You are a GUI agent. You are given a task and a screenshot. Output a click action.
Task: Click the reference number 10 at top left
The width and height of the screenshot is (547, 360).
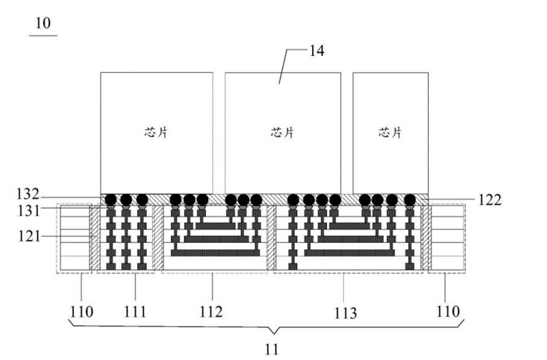43,23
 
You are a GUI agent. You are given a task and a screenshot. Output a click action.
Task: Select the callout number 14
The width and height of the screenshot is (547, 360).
317,51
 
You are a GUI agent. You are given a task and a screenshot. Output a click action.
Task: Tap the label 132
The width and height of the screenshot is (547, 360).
28,194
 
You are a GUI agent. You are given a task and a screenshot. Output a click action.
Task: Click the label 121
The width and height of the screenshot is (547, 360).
30,236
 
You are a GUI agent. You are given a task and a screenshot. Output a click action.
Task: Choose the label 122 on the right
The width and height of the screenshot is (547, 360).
490,200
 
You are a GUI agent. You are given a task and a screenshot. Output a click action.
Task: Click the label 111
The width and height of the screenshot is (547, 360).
135,312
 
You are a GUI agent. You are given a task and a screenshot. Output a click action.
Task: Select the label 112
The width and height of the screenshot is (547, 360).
210,312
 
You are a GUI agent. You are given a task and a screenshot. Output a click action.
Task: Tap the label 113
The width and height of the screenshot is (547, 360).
346,313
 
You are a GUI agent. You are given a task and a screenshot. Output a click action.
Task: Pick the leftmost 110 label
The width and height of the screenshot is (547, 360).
82,312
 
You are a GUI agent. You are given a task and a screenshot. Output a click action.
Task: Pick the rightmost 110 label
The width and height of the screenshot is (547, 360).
449,311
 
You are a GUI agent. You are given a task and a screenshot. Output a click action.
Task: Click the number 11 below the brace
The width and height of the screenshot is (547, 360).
272,349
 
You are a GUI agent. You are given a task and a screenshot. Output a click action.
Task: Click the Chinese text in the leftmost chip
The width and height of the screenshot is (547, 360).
156,133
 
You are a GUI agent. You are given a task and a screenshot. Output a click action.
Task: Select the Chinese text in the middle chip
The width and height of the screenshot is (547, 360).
283,133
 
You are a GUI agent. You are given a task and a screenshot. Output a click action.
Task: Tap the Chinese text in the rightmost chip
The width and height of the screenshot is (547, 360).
390,133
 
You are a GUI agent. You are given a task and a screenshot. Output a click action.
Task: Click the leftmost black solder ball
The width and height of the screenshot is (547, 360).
111,200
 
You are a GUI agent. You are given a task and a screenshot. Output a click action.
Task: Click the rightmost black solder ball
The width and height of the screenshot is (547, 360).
410,200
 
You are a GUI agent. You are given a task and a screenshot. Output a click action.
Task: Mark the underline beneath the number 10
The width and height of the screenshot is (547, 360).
43,35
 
